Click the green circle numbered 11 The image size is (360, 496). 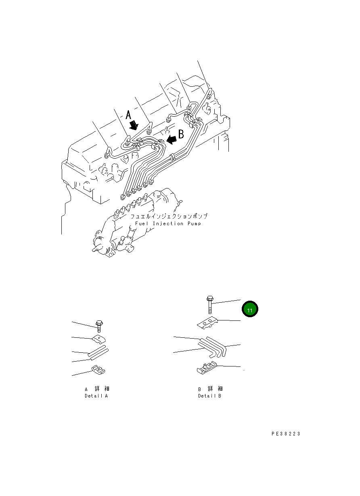point(250,310)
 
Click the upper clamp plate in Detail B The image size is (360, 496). point(208,323)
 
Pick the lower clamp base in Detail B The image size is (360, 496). point(207,368)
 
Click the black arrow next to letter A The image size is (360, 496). point(134,127)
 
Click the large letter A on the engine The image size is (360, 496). point(128,115)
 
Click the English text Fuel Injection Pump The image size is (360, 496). point(168,224)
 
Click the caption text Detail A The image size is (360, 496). point(96,396)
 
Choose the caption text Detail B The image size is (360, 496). point(209,396)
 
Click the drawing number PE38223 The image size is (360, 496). point(286,434)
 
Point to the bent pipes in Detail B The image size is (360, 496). point(213,346)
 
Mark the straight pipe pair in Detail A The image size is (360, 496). point(98,352)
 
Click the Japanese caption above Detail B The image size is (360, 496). point(210,389)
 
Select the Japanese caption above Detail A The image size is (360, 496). point(97,389)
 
